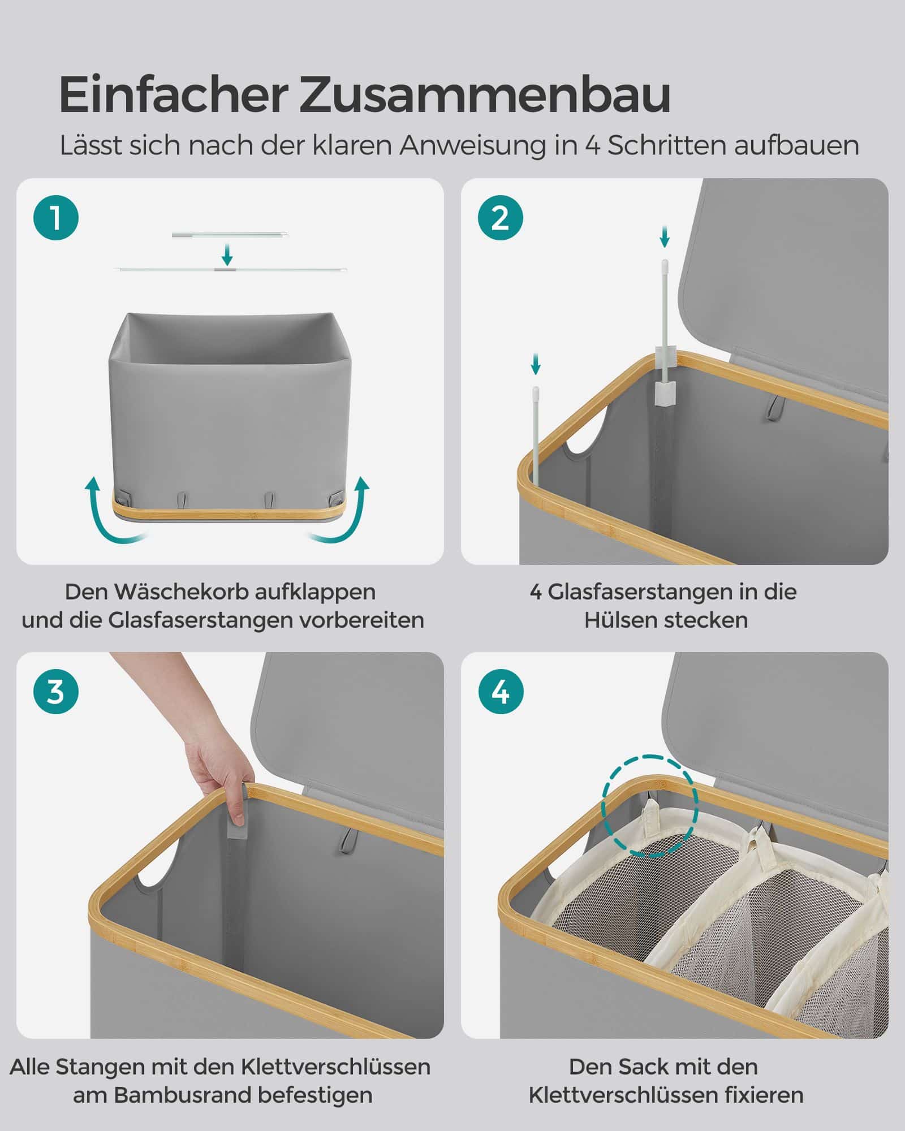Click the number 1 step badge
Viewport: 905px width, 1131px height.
[56, 218]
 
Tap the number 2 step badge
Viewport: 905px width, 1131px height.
[500, 218]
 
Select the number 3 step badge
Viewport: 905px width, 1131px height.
[56, 691]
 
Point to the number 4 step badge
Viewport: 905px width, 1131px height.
[500, 691]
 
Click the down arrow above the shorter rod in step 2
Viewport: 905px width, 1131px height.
[536, 363]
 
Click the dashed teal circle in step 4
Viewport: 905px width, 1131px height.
[649, 802]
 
